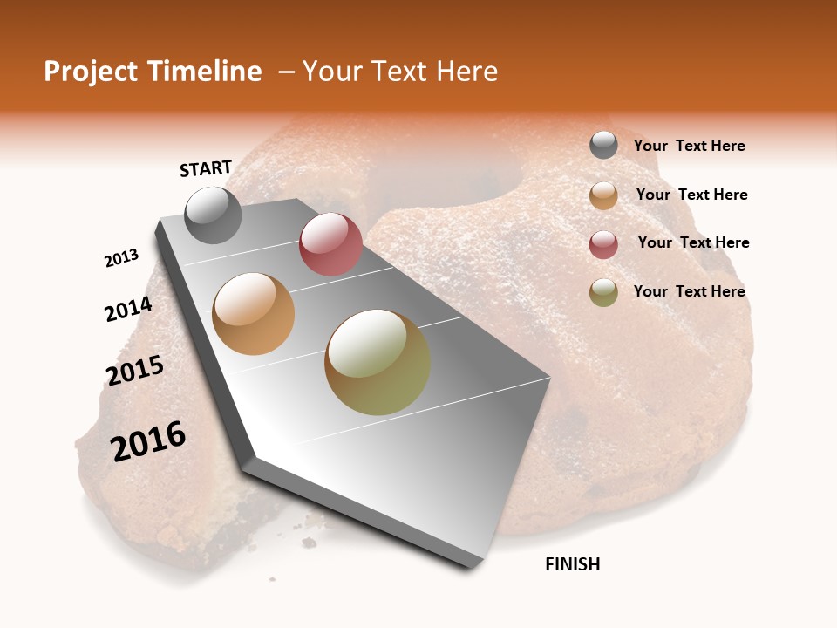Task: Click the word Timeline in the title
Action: (x=206, y=72)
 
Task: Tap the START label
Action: (x=206, y=168)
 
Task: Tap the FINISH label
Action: (x=573, y=564)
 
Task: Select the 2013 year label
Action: (x=122, y=258)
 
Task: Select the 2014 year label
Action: (x=128, y=310)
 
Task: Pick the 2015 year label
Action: (x=135, y=371)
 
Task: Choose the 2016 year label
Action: (x=148, y=441)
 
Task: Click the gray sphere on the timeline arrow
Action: (x=213, y=215)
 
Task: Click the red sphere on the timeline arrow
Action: (x=330, y=244)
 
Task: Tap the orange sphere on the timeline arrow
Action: (x=254, y=314)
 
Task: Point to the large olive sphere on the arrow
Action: (x=378, y=362)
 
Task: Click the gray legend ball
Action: (x=603, y=146)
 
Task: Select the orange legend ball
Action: (x=603, y=195)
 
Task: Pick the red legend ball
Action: (x=603, y=244)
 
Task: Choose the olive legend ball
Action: (x=603, y=292)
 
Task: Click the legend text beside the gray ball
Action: (x=689, y=146)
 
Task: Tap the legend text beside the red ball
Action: (x=693, y=242)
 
